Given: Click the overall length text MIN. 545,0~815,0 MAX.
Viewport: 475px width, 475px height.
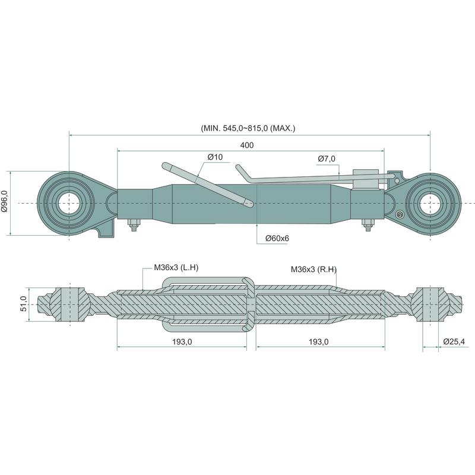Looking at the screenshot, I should click(x=249, y=128).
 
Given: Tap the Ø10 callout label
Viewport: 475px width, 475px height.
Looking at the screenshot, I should click(x=215, y=157).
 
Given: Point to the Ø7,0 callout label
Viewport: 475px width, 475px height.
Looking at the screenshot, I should click(x=327, y=159).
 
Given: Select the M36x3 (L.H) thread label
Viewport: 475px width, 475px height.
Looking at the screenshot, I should click(x=176, y=268).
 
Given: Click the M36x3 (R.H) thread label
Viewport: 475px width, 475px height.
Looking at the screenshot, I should click(x=314, y=270).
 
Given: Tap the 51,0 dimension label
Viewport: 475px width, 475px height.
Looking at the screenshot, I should click(x=24, y=304).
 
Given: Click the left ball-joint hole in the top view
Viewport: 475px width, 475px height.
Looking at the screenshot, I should click(x=69, y=204).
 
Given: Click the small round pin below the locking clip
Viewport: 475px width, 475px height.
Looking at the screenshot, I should click(x=401, y=214).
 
